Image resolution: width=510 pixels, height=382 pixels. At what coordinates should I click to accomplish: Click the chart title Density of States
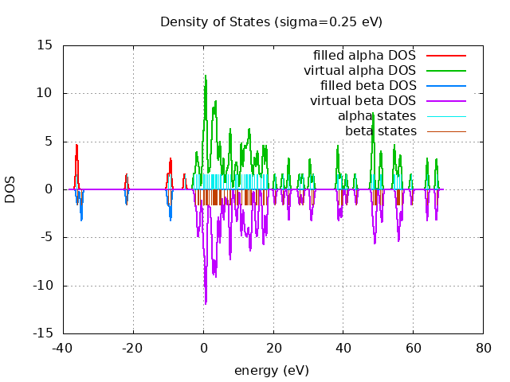[271, 21]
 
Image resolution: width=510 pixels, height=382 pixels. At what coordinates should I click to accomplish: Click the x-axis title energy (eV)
[271, 370]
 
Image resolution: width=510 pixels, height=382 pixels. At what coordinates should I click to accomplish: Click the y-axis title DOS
[10, 189]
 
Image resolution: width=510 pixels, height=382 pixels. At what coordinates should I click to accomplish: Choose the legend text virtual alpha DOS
[359, 71]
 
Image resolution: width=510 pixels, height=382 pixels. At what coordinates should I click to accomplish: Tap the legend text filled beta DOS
[368, 86]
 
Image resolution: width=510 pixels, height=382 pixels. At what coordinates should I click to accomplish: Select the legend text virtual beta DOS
[363, 101]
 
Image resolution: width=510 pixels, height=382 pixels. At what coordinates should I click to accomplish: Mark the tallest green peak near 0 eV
[206, 76]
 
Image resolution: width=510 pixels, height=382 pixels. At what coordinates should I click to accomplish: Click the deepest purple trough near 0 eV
[206, 303]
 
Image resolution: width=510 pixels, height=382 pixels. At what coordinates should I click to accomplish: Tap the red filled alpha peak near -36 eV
[76, 145]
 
